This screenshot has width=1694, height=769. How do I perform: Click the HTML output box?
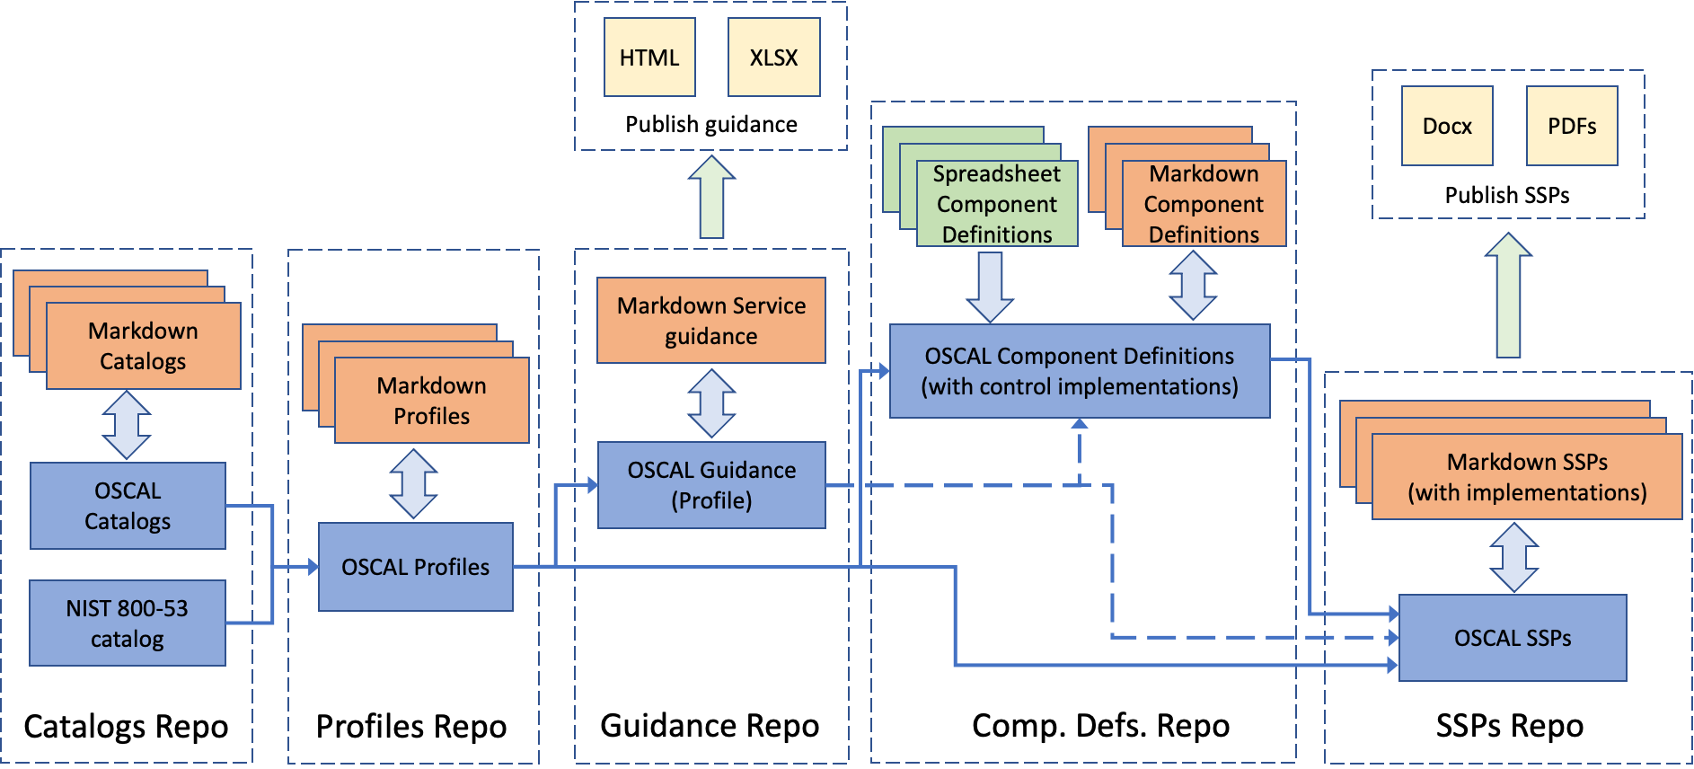pyautogui.click(x=649, y=57)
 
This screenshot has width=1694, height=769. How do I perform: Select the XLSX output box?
pyautogui.click(x=773, y=57)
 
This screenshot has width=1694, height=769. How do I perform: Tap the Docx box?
pyautogui.click(x=1447, y=126)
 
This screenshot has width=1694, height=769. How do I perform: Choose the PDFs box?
pyautogui.click(x=1572, y=126)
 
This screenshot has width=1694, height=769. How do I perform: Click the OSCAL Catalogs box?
pyautogui.click(x=128, y=506)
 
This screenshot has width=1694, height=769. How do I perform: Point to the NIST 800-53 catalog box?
pyautogui.click(x=128, y=623)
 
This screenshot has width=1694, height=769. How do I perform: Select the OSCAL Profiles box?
pyautogui.click(x=416, y=567)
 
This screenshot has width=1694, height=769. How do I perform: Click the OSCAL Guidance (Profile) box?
pyautogui.click(x=711, y=485)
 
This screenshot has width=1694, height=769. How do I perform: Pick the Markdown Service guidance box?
pyautogui.click(x=711, y=321)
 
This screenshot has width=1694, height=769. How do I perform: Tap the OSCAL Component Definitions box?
pyautogui.click(x=1080, y=371)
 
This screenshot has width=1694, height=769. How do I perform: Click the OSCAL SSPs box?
pyautogui.click(x=1513, y=638)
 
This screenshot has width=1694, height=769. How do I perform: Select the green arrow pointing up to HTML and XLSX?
pyautogui.click(x=711, y=198)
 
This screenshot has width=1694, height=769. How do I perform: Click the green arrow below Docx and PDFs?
pyautogui.click(x=1509, y=296)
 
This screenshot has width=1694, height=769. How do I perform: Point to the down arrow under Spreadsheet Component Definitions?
pyautogui.click(x=990, y=287)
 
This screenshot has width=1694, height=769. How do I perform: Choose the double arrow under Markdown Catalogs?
pyautogui.click(x=127, y=425)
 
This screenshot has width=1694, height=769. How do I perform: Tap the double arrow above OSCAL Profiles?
pyautogui.click(x=413, y=483)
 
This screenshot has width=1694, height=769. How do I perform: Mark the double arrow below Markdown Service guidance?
pyautogui.click(x=711, y=402)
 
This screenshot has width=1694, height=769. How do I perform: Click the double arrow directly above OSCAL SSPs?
pyautogui.click(x=1514, y=557)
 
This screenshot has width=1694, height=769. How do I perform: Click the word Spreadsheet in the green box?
pyautogui.click(x=996, y=173)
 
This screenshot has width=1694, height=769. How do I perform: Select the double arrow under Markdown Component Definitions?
pyautogui.click(x=1193, y=286)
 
